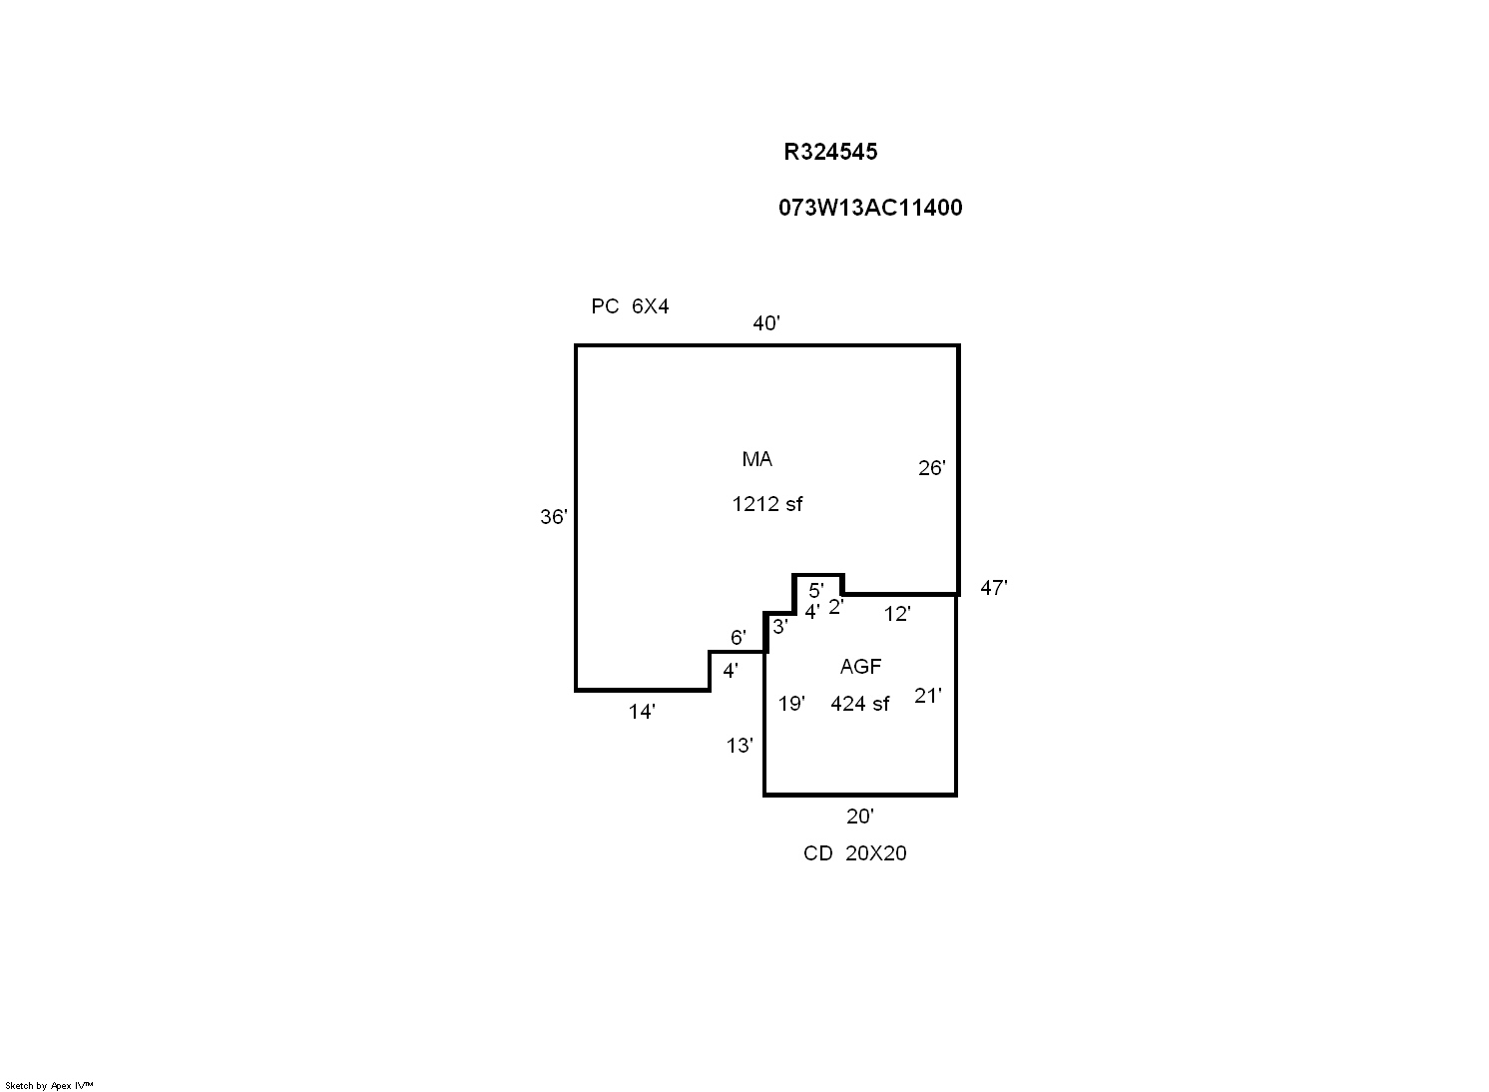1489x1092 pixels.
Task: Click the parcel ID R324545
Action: click(830, 152)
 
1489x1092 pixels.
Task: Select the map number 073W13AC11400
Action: click(870, 208)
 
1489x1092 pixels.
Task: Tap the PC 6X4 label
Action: click(630, 306)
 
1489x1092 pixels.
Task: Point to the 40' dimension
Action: click(766, 323)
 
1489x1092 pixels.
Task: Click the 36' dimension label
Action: click(554, 517)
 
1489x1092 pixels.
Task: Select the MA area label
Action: click(756, 459)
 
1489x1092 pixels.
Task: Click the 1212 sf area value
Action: click(766, 504)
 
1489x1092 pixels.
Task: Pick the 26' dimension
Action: click(931, 468)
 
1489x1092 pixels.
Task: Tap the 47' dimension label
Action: click(993, 588)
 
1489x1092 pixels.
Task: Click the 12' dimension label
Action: click(897, 615)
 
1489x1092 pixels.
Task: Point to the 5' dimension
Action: click(815, 590)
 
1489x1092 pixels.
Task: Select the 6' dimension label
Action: click(738, 637)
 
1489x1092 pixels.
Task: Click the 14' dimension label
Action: click(642, 712)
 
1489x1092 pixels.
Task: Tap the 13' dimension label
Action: click(740, 746)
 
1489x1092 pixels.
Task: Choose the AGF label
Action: click(860, 667)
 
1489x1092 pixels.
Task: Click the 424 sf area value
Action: click(859, 704)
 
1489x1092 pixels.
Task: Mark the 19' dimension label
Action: click(791, 704)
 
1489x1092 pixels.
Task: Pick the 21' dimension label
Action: click(928, 696)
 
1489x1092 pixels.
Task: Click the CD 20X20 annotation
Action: click(855, 853)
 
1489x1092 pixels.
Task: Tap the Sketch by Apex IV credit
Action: click(49, 1085)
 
